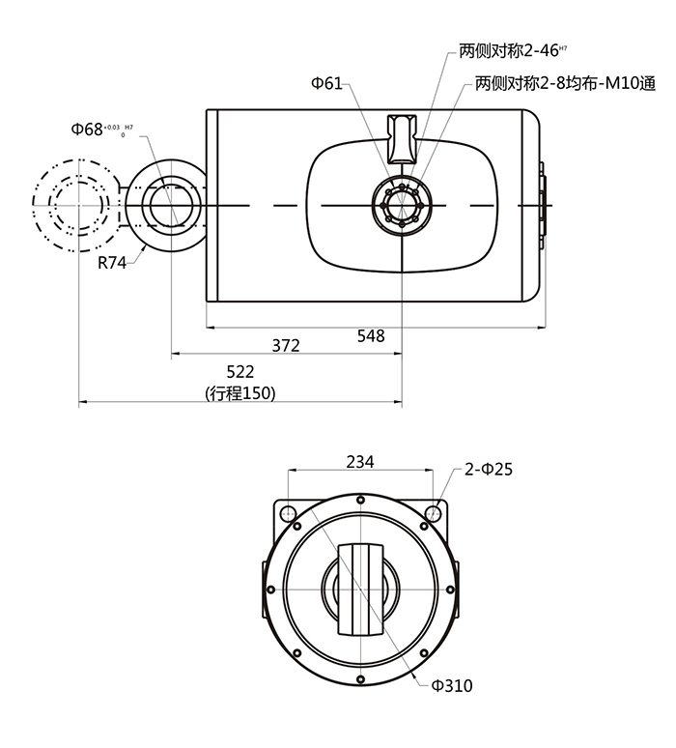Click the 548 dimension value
371,336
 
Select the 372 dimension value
286,345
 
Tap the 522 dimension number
239,372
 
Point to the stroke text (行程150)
240,393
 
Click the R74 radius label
112,262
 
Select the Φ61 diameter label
326,84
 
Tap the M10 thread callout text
565,84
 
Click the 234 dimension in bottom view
359,462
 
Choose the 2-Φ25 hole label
488,470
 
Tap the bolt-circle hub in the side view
401,206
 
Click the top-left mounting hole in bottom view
287,509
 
